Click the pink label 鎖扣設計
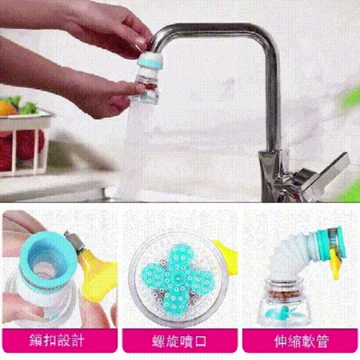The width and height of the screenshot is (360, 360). pyautogui.click(x=60, y=341)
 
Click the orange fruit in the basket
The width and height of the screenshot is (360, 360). pyautogui.click(x=8, y=108)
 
